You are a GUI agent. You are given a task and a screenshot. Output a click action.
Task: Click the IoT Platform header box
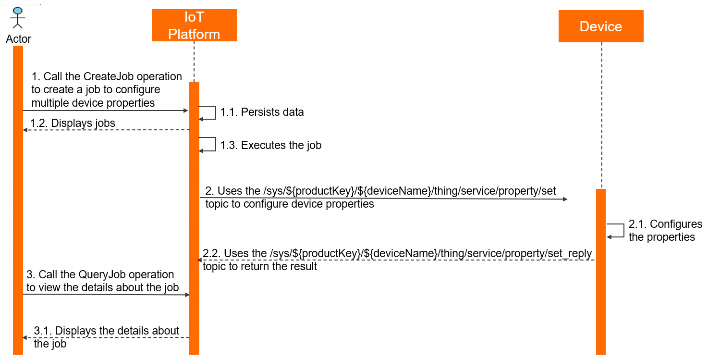(194, 25)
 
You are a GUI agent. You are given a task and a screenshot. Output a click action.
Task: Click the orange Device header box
(600, 26)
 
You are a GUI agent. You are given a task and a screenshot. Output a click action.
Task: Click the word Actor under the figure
(18, 39)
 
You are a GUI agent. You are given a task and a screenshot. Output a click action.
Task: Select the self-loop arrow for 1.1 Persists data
(211, 112)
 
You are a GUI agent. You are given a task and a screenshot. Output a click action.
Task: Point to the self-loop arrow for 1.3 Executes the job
(211, 144)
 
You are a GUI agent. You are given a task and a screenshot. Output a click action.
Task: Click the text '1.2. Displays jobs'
(73, 123)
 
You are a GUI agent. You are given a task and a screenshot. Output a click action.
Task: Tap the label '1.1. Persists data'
(262, 112)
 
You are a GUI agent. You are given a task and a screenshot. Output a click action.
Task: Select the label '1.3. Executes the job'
(270, 145)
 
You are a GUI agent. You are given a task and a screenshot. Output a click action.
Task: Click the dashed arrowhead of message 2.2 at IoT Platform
(199, 260)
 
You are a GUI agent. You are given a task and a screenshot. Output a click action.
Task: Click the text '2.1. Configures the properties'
(662, 231)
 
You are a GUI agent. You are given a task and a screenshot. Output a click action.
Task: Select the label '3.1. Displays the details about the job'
(106, 337)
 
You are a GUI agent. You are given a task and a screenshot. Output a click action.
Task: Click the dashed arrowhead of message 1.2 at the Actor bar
(25, 130)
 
